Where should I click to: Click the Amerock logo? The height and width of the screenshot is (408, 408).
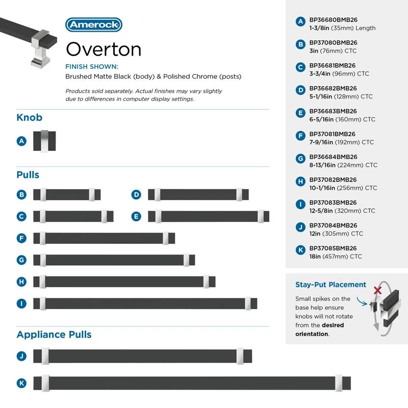(94, 24)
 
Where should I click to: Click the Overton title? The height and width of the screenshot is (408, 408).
(104, 49)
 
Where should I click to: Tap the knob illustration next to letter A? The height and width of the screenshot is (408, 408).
(44, 141)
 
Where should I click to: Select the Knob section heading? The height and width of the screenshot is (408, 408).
(29, 118)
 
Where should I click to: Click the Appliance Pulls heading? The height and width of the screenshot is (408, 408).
(54, 335)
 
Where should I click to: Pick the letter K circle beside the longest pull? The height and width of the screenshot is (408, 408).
(21, 383)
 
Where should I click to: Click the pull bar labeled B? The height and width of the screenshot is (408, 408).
(67, 194)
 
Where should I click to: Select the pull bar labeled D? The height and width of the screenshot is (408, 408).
(198, 194)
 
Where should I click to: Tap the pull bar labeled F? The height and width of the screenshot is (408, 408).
(104, 238)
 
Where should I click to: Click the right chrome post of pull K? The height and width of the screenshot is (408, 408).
(339, 383)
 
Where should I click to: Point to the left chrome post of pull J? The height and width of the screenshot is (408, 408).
(45, 356)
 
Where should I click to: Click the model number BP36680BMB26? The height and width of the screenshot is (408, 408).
(333, 20)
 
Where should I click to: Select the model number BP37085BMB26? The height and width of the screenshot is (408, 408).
(333, 248)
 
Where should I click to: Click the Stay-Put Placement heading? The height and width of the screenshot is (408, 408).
(330, 285)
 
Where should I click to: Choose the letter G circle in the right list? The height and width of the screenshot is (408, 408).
(300, 159)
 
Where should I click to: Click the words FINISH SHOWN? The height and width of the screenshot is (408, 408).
(92, 67)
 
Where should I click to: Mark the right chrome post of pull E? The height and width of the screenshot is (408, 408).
(261, 216)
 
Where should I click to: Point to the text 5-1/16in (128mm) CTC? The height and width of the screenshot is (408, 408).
(341, 96)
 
